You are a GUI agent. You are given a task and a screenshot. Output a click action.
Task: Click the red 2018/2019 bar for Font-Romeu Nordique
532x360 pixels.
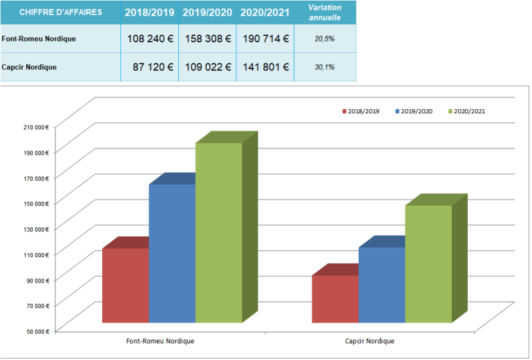click(125, 285)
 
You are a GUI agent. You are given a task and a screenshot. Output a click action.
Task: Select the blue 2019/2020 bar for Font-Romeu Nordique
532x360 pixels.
click(171, 253)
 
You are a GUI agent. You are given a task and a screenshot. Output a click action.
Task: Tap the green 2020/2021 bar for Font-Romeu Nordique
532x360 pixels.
click(218, 232)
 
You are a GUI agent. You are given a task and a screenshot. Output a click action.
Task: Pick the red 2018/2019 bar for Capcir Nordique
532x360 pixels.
click(335, 299)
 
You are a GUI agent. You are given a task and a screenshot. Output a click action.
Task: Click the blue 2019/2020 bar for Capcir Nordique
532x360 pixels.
click(381, 285)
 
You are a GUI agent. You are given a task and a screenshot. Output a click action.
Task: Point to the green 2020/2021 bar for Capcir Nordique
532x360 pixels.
click(428, 263)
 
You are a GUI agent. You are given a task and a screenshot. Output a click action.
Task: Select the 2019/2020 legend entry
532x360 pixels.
click(415, 111)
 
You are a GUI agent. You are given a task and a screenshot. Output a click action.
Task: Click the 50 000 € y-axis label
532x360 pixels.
click(35, 331)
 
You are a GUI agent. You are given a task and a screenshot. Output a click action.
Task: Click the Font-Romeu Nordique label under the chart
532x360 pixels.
click(160, 341)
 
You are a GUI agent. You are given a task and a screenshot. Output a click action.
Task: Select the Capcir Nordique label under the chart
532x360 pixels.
click(370, 341)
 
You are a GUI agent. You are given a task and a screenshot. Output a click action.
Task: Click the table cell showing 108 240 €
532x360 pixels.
click(150, 39)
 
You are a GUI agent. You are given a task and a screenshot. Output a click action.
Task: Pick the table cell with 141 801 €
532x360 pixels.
click(265, 67)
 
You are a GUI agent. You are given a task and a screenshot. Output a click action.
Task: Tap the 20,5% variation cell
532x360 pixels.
click(325, 39)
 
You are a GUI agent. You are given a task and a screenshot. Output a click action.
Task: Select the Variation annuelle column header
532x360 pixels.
click(325, 12)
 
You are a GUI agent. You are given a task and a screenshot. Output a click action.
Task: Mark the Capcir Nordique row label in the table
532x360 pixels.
click(29, 67)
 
